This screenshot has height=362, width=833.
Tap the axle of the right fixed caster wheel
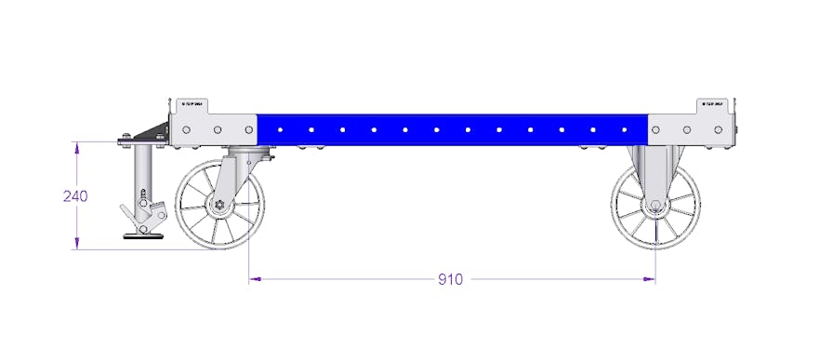click(x=655, y=206)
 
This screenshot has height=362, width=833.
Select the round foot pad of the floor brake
click(x=143, y=236)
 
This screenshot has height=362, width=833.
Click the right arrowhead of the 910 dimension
click(x=650, y=278)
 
